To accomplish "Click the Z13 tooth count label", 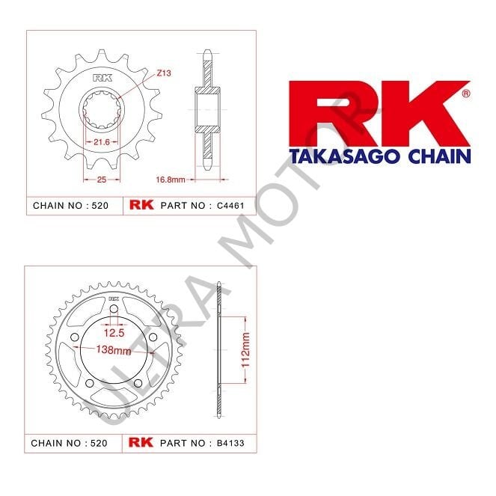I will (x=164, y=73).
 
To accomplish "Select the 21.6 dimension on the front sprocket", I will (x=101, y=141).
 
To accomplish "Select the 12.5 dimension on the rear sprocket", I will (x=114, y=331).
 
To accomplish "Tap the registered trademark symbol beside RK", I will (x=466, y=94).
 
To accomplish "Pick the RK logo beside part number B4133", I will (x=141, y=443).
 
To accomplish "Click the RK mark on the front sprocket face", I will (x=101, y=79).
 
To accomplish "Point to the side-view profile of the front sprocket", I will (x=207, y=112).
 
